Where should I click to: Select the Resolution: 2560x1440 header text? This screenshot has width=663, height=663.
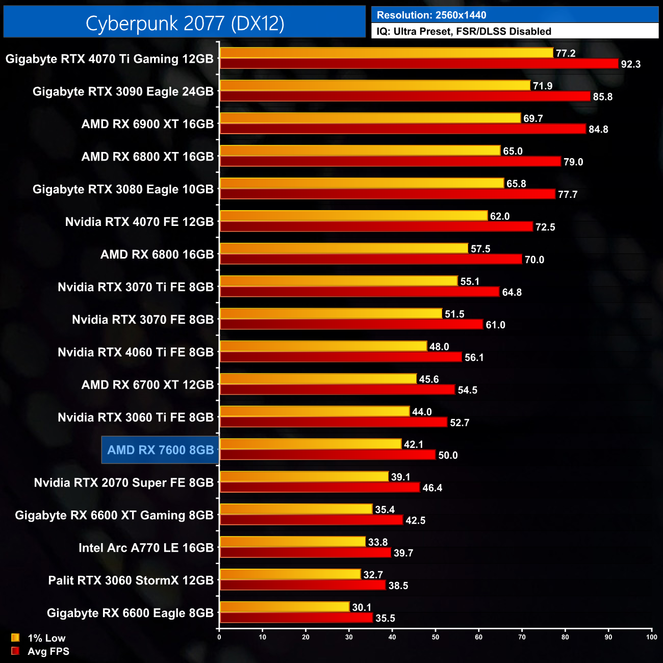point(431,15)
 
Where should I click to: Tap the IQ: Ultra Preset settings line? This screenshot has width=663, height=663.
point(464,31)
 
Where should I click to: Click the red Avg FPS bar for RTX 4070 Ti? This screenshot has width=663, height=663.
point(418,64)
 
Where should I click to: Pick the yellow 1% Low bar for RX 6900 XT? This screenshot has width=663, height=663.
point(370,118)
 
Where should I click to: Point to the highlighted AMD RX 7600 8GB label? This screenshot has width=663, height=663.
point(160,450)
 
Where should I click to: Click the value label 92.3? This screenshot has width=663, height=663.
point(630,64)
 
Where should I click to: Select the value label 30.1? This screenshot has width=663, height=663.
point(362,607)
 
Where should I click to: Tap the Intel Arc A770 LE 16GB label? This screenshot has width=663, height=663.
point(146,548)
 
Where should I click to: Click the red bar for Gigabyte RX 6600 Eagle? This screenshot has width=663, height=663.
point(296,618)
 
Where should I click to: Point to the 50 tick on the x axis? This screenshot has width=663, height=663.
point(436,636)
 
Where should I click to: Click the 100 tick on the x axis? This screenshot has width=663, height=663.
point(651,636)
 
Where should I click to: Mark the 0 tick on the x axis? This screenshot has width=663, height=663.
point(219,636)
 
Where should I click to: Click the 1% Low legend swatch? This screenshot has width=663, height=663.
point(15,637)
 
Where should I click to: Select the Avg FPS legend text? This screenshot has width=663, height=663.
point(48,651)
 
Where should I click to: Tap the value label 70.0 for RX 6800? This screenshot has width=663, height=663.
point(534,260)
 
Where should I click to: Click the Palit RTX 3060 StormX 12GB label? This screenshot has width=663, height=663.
point(131,580)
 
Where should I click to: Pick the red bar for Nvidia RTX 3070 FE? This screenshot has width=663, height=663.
point(351,324)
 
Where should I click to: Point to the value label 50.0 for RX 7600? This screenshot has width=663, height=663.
point(448,455)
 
